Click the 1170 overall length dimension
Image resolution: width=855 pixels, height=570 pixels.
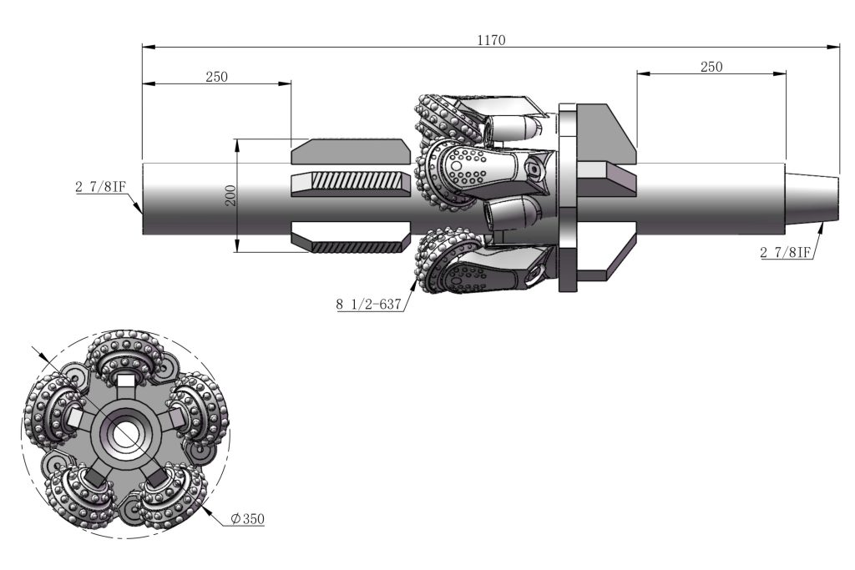pos(492,39)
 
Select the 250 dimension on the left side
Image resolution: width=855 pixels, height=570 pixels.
pos(216,76)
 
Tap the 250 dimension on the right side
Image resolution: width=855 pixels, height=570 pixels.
pos(711,67)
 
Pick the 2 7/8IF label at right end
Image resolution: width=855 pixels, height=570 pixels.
pos(787,252)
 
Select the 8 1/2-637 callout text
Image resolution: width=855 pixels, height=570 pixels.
pos(368,305)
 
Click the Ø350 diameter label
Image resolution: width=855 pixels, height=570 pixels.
pos(248,519)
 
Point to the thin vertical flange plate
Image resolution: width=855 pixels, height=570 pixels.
pos(568,199)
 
